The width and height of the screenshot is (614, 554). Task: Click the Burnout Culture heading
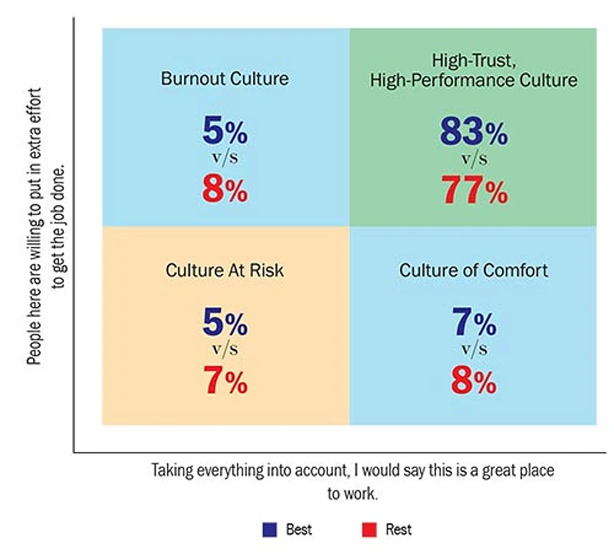click(225, 79)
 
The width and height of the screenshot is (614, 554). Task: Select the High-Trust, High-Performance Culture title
click(473, 71)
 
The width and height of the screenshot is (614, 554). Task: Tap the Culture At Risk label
click(225, 271)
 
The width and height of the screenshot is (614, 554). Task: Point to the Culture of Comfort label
click(473, 271)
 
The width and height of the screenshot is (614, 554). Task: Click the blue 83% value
click(473, 133)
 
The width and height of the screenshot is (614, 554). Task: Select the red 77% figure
click(473, 190)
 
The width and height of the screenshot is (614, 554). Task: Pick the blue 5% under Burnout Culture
click(225, 133)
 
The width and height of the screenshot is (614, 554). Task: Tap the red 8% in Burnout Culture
click(225, 190)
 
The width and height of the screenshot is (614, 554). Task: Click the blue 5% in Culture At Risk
click(225, 324)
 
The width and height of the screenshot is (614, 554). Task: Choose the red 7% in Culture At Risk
click(225, 381)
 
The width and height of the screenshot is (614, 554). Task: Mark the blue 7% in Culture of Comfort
click(473, 324)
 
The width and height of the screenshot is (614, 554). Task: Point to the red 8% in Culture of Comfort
click(473, 381)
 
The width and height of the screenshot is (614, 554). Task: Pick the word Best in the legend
click(298, 529)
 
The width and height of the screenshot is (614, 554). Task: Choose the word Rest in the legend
click(399, 529)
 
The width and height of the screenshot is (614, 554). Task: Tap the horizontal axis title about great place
click(352, 480)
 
